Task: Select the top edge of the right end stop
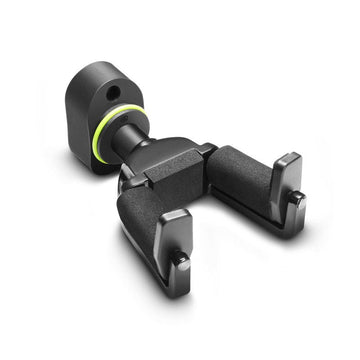click(286, 159)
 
